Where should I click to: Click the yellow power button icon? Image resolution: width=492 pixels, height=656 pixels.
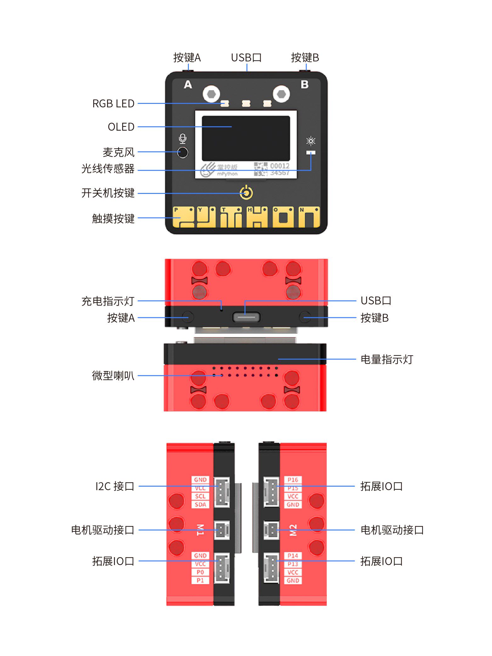pos(246,193)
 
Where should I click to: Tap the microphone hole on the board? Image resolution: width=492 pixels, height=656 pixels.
pos(183,152)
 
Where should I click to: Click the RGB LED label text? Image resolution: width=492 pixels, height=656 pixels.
pos(113,104)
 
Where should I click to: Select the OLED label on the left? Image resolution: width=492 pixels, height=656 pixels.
pos(121,127)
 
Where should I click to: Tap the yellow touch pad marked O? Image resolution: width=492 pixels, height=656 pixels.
pos(283,217)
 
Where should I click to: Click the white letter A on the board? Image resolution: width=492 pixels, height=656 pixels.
pos(188,85)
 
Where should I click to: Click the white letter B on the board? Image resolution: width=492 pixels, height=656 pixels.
pos(304,85)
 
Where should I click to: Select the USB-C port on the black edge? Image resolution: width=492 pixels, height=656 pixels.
pos(246,317)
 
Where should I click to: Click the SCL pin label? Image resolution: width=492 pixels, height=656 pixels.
pos(200,496)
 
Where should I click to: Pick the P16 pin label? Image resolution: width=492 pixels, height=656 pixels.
pos(293,480)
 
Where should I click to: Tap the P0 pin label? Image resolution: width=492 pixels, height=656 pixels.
pos(200,572)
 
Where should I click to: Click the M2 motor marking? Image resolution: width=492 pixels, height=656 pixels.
pos(293,530)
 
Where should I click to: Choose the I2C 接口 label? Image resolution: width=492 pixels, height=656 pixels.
pos(115,486)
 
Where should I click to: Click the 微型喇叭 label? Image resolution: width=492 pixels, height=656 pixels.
pos(113,376)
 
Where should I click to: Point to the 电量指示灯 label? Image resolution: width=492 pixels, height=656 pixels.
pos(387,359)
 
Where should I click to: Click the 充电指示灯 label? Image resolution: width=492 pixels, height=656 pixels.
pos(108,301)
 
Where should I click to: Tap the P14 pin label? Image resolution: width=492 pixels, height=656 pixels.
pos(293,556)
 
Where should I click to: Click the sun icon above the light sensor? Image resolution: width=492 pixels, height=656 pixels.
pos(311,141)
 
